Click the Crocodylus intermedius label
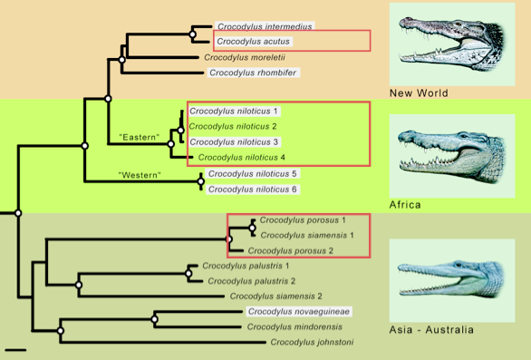(264, 27)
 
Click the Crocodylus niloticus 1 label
(234, 111)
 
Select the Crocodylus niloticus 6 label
(252, 189)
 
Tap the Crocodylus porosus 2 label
(291, 250)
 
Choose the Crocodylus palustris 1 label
(247, 266)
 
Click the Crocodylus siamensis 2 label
(276, 296)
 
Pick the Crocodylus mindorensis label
(292, 326)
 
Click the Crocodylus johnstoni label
(311, 342)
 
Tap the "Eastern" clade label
(140, 137)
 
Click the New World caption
(419, 92)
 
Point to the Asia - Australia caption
(430, 329)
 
